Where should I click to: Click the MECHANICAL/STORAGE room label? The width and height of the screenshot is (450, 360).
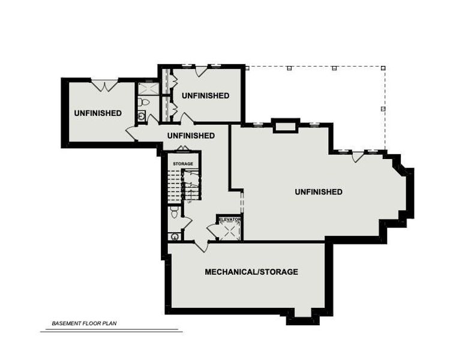[251, 272]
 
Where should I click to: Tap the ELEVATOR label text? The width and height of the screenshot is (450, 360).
[229, 220]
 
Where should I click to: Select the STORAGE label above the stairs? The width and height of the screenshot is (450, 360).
[183, 164]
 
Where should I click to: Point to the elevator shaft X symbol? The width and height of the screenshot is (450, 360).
[229, 232]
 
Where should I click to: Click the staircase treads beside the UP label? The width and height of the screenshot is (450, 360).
[174, 185]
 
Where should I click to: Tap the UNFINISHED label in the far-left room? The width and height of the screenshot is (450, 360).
[98, 113]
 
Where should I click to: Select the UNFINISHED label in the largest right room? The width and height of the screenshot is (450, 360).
[319, 192]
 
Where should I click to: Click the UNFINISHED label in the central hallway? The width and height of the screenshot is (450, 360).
[191, 136]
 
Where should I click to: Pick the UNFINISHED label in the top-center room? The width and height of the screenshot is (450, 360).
[205, 95]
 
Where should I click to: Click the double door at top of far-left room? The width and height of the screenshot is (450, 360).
[105, 85]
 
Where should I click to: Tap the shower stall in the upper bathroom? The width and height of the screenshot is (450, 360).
[148, 89]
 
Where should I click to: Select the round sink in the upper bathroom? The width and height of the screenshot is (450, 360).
[142, 117]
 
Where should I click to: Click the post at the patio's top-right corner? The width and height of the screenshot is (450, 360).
[383, 68]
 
